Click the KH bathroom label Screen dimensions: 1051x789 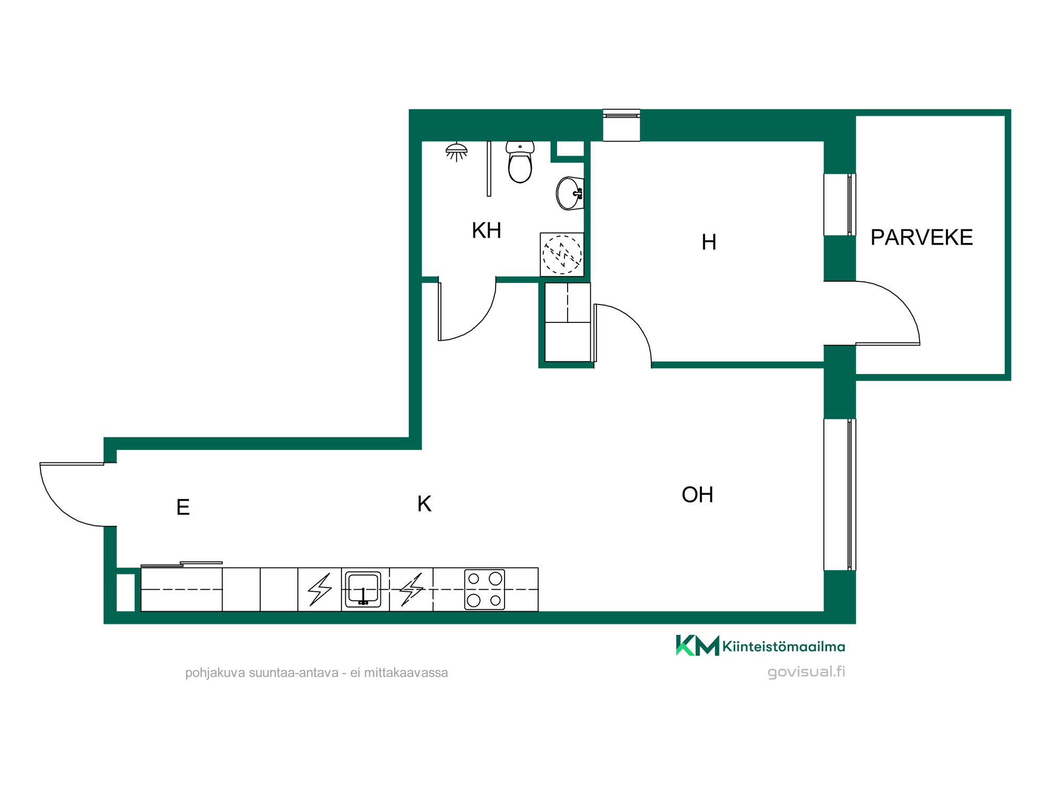(x=486, y=230)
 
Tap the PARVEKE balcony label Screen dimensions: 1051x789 (x=922, y=237)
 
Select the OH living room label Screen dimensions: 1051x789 (x=697, y=494)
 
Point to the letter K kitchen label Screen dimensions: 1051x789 (x=424, y=504)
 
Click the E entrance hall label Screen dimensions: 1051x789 (x=183, y=507)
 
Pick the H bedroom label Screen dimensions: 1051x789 (x=709, y=242)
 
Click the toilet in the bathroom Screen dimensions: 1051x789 (x=520, y=162)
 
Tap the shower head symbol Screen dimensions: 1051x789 (x=456, y=151)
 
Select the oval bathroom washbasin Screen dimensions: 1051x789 (x=570, y=194)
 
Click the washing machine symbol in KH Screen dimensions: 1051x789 (x=562, y=255)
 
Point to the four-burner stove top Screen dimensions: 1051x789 (x=485, y=590)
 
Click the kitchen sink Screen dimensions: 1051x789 (x=363, y=590)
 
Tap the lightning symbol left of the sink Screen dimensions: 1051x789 (x=320, y=590)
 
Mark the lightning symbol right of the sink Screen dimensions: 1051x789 (x=411, y=590)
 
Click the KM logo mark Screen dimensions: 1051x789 (x=697, y=645)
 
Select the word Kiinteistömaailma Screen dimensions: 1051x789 (x=784, y=646)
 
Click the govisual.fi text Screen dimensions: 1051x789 (x=806, y=672)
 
